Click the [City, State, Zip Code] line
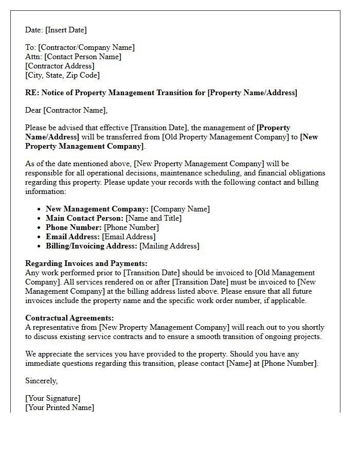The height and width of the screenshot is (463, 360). click(62, 75)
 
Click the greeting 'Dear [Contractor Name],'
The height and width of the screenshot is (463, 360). click(66, 110)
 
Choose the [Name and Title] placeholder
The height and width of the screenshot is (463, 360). click(154, 218)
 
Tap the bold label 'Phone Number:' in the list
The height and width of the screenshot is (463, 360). click(74, 227)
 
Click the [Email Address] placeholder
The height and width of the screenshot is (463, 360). click(129, 237)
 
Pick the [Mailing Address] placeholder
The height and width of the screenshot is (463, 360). click(170, 246)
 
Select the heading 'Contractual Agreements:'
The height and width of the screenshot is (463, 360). click(69, 318)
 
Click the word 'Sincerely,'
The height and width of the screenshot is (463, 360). click(42, 381)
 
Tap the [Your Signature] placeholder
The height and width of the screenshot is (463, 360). click(53, 398)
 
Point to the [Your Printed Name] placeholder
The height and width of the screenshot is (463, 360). click(60, 407)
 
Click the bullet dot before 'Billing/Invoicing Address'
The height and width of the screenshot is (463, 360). click(40, 246)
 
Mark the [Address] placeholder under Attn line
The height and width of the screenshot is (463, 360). click(60, 66)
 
